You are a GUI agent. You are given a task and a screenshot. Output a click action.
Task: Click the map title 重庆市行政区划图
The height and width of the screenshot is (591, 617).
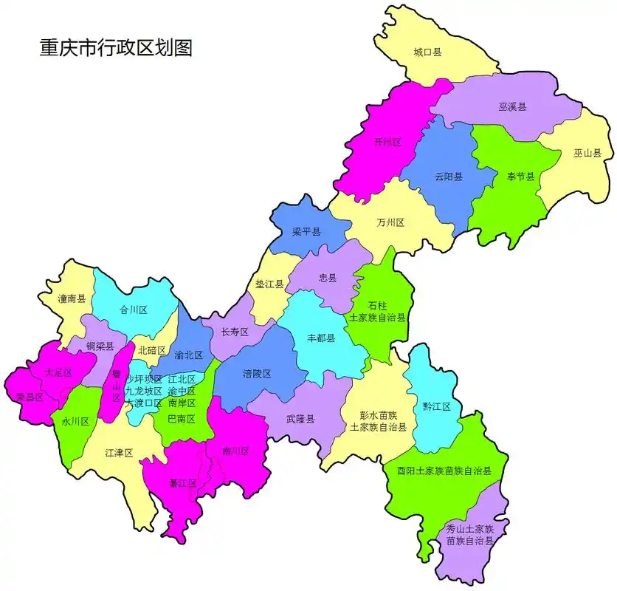click(x=116, y=48)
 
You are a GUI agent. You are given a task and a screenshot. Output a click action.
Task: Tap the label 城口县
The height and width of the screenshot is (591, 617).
click(x=427, y=52)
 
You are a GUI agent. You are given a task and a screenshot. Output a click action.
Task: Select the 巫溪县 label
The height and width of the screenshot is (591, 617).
click(x=512, y=106)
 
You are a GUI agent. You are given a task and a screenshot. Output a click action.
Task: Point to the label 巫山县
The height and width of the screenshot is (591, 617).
click(x=587, y=154)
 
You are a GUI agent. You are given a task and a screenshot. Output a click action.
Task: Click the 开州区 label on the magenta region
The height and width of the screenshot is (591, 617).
click(x=387, y=142)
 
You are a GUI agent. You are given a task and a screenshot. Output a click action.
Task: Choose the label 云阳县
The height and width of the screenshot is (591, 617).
click(x=449, y=177)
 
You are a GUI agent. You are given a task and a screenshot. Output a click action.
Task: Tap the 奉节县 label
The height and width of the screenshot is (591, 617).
click(x=520, y=177)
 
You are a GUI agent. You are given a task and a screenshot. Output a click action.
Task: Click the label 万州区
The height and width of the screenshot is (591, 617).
click(x=390, y=222)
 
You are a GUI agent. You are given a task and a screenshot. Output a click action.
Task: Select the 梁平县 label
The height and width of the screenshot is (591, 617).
click(x=306, y=232)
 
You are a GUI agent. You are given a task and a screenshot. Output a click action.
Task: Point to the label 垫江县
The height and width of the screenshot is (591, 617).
click(x=269, y=284)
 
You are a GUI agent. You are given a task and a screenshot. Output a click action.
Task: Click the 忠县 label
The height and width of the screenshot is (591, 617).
click(x=328, y=279)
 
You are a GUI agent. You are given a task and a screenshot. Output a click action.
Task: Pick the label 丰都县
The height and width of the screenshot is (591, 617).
click(x=321, y=338)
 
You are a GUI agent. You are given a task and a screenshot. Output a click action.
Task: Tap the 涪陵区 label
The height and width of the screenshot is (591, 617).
click(x=257, y=374)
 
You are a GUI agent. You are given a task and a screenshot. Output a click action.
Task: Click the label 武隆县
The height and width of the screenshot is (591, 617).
click(x=300, y=419)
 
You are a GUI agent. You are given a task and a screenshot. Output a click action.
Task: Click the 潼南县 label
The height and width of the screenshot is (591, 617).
click(x=72, y=299)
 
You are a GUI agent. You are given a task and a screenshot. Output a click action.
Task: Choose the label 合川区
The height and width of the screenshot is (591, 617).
click(x=134, y=310)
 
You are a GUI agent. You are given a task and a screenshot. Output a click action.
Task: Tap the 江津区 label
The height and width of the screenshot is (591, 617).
click(x=119, y=452)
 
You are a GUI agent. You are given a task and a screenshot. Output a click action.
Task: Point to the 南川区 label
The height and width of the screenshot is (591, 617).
click(x=236, y=451)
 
